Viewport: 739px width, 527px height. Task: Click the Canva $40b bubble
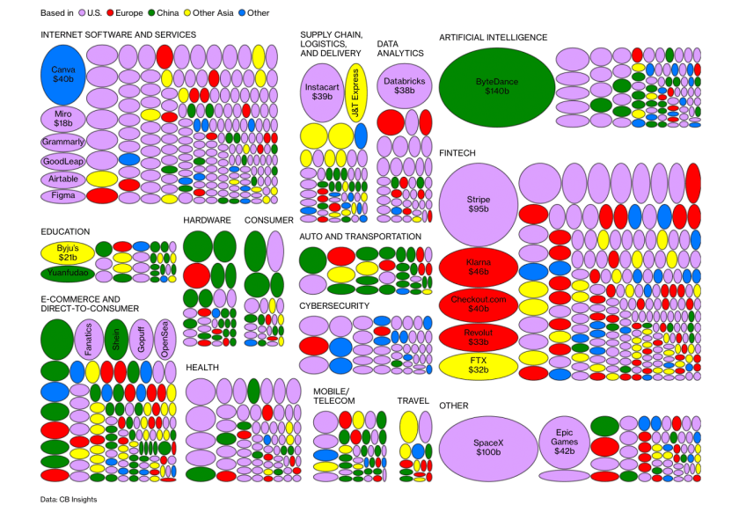(62, 75)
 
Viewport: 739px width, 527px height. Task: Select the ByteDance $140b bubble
(498, 86)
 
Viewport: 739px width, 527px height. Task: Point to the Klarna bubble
(478, 267)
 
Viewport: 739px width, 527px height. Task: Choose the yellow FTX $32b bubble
(478, 365)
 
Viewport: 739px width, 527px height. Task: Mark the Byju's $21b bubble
(67, 253)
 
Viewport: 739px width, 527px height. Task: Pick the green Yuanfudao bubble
(67, 274)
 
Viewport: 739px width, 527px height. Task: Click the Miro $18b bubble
(62, 119)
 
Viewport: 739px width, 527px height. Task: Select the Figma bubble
(62, 195)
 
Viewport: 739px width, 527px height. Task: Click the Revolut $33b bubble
(478, 337)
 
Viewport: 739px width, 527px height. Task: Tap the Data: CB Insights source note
(69, 499)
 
